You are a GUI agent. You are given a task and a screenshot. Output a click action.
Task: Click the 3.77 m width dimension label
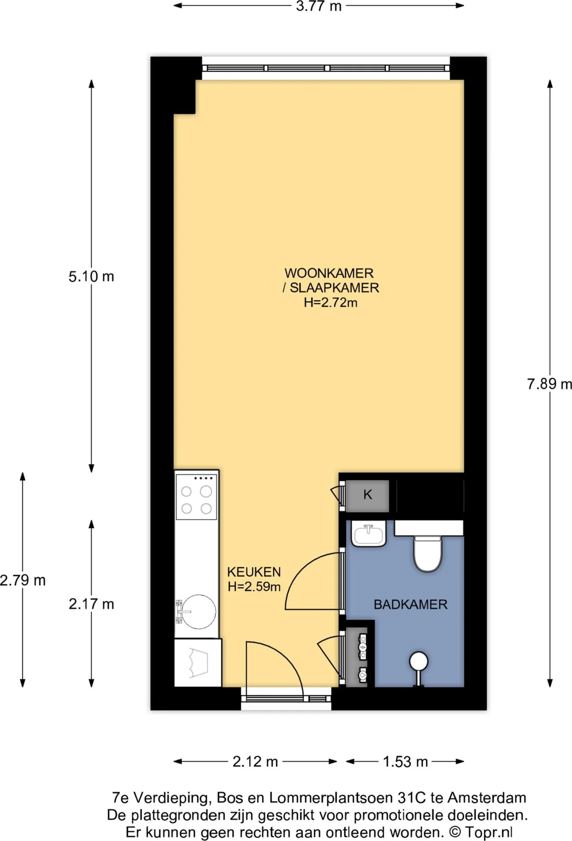[x=318, y=6]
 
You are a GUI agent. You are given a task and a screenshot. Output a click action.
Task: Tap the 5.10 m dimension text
[x=91, y=276]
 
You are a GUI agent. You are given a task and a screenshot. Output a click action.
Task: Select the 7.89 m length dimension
[x=549, y=384]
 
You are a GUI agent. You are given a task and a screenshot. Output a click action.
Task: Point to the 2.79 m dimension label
[x=23, y=580]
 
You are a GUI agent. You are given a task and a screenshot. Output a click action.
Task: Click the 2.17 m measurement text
[x=91, y=604]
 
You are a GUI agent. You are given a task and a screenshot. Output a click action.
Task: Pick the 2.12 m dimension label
[x=255, y=762]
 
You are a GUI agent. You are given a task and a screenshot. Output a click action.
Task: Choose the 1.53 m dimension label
[x=405, y=762]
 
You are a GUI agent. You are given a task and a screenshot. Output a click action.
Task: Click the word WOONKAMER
[x=329, y=273]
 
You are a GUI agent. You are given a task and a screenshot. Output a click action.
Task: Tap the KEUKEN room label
[x=254, y=572]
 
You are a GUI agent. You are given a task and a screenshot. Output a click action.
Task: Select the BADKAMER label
[x=410, y=604]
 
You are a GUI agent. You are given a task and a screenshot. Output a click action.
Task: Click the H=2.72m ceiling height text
[x=331, y=302]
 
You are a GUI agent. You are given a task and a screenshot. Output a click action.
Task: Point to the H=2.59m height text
[x=254, y=586]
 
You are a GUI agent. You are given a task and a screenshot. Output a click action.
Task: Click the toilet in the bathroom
[x=428, y=553]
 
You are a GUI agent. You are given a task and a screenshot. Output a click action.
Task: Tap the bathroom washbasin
[x=368, y=534]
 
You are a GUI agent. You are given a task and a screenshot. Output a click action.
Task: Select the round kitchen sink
[x=198, y=612]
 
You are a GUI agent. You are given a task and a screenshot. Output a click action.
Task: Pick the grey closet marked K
[x=367, y=495]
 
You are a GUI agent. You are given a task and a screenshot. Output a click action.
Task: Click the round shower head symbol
[x=419, y=661]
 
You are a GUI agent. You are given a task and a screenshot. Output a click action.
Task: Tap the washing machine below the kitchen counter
[x=198, y=662]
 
